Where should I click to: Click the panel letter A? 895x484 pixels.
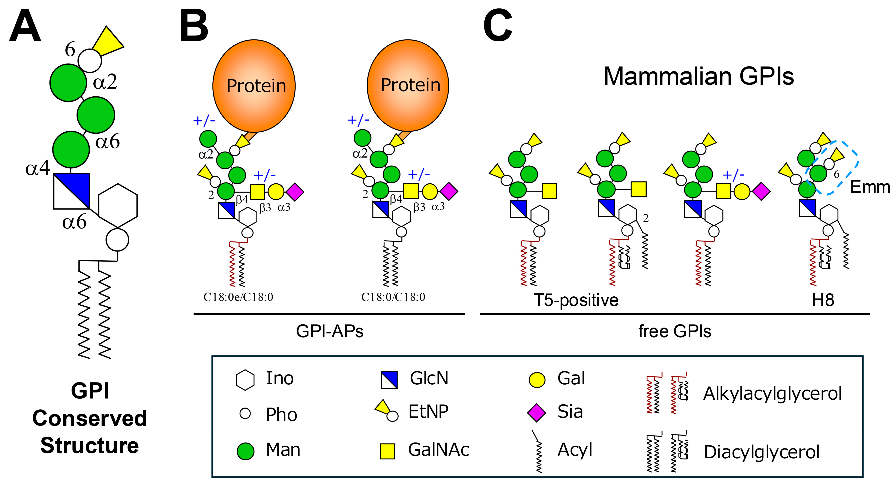[25, 26]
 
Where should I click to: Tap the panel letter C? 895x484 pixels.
[497, 26]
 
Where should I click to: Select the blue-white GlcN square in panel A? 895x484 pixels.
[72, 191]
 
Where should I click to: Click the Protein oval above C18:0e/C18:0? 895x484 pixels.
[254, 86]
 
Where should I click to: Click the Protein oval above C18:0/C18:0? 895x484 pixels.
[408, 85]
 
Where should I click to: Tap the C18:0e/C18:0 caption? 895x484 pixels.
[238, 297]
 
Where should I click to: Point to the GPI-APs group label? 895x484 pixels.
[329, 331]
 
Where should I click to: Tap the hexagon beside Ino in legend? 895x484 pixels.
[245, 380]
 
